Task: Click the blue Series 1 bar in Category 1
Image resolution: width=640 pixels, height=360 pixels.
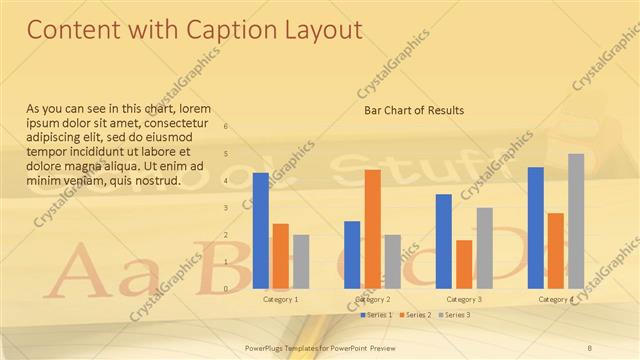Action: [260, 230]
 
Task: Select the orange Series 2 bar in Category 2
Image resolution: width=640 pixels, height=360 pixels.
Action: [372, 229]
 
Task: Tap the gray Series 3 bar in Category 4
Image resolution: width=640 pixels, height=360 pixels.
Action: [576, 221]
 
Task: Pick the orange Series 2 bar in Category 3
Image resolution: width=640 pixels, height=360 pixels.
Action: [464, 264]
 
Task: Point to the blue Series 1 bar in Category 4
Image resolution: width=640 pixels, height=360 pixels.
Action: [535, 228]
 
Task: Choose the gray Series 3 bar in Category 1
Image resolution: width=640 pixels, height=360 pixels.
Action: [301, 261]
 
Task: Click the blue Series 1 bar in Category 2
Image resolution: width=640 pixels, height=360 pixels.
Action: [352, 254]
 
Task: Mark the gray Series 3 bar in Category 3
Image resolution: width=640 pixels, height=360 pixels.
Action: [484, 248]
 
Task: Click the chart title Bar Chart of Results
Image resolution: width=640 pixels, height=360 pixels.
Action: [413, 110]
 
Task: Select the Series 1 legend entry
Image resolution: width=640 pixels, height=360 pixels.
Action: [376, 315]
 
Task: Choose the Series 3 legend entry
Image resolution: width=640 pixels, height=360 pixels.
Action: [455, 315]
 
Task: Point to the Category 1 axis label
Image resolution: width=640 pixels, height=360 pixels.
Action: [280, 299]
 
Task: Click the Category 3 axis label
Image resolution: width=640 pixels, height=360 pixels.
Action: [464, 299]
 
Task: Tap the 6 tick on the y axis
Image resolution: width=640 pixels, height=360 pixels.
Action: [226, 127]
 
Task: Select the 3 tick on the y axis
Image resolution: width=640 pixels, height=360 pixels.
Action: [226, 208]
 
